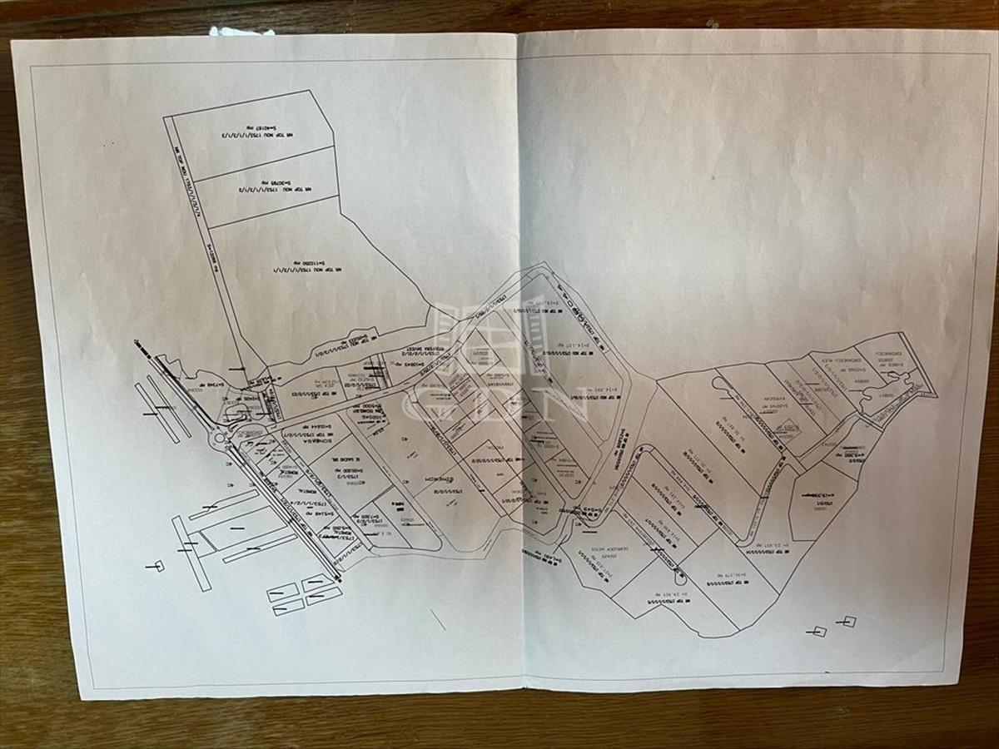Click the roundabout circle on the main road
pyautogui.click(x=221, y=435)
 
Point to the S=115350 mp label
pyautogui.click(x=298, y=268)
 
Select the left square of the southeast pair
pyautogui.click(x=819, y=632)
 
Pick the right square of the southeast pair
pyautogui.click(x=848, y=621)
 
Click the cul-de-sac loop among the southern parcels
pyautogui.click(x=679, y=574)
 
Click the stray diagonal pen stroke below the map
pyautogui.click(x=438, y=620)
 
